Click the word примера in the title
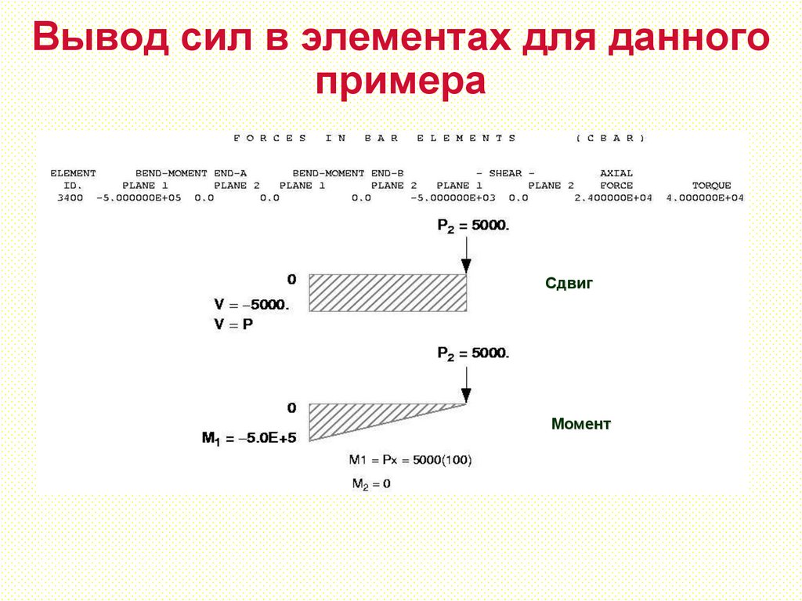(x=401, y=81)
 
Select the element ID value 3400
(x=70, y=198)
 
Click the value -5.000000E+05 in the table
(x=138, y=198)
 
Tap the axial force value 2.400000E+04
(x=613, y=198)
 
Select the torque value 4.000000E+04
(x=705, y=198)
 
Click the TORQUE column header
(x=711, y=186)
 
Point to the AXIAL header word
(x=616, y=172)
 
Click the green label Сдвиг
(x=569, y=284)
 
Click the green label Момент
(x=580, y=424)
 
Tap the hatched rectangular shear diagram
(x=388, y=293)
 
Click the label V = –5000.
(x=251, y=306)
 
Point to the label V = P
(x=233, y=324)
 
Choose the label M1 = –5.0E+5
(x=249, y=439)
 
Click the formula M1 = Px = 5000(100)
(x=410, y=460)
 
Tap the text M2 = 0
(x=370, y=483)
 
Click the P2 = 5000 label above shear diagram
(x=473, y=226)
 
